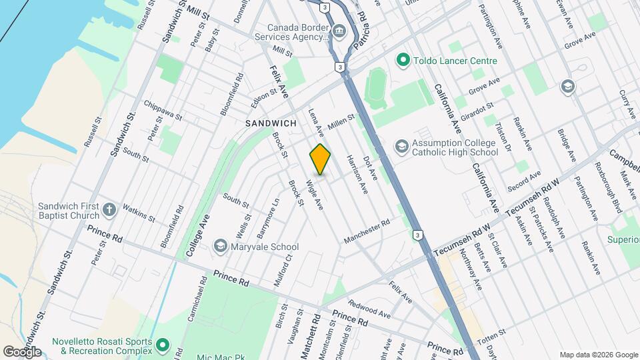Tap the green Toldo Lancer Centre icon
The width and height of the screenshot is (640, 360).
[402, 61]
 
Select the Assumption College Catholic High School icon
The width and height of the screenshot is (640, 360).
[402, 146]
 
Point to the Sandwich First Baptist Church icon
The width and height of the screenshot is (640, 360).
[109, 211]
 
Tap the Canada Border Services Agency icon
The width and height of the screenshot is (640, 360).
[339, 31]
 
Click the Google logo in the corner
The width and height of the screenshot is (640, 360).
[23, 351]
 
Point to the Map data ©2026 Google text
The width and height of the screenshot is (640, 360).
[597, 354]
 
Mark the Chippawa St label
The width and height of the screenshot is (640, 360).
[163, 111]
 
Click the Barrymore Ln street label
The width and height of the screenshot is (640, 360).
[267, 218]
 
